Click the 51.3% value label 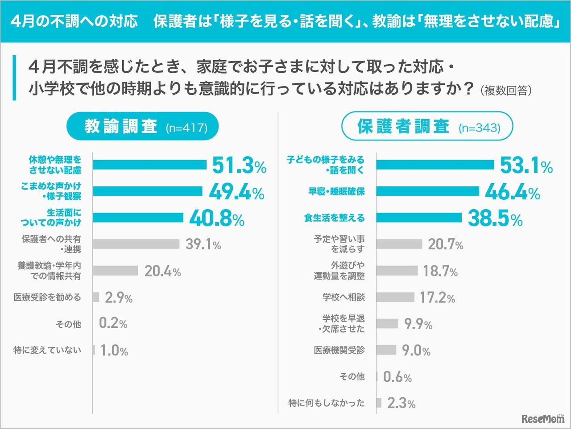[x=239, y=165]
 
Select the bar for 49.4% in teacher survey [x=148, y=191]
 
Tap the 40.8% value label [x=217, y=219]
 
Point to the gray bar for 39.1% [x=136, y=244]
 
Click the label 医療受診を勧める [x=47, y=297]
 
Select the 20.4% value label [x=162, y=271]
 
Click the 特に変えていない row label [x=47, y=351]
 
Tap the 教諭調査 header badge [x=143, y=127]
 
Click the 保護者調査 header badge [x=427, y=127]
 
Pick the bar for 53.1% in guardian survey [x=435, y=165]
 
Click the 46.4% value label [x=512, y=192]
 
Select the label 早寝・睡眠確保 [x=336, y=192]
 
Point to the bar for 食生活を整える [x=419, y=218]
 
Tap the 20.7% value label [x=446, y=244]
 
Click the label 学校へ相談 [x=343, y=297]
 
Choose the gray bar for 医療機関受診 [x=386, y=350]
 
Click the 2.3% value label [x=401, y=403]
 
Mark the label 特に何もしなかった [x=327, y=403]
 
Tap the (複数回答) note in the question [x=506, y=91]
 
